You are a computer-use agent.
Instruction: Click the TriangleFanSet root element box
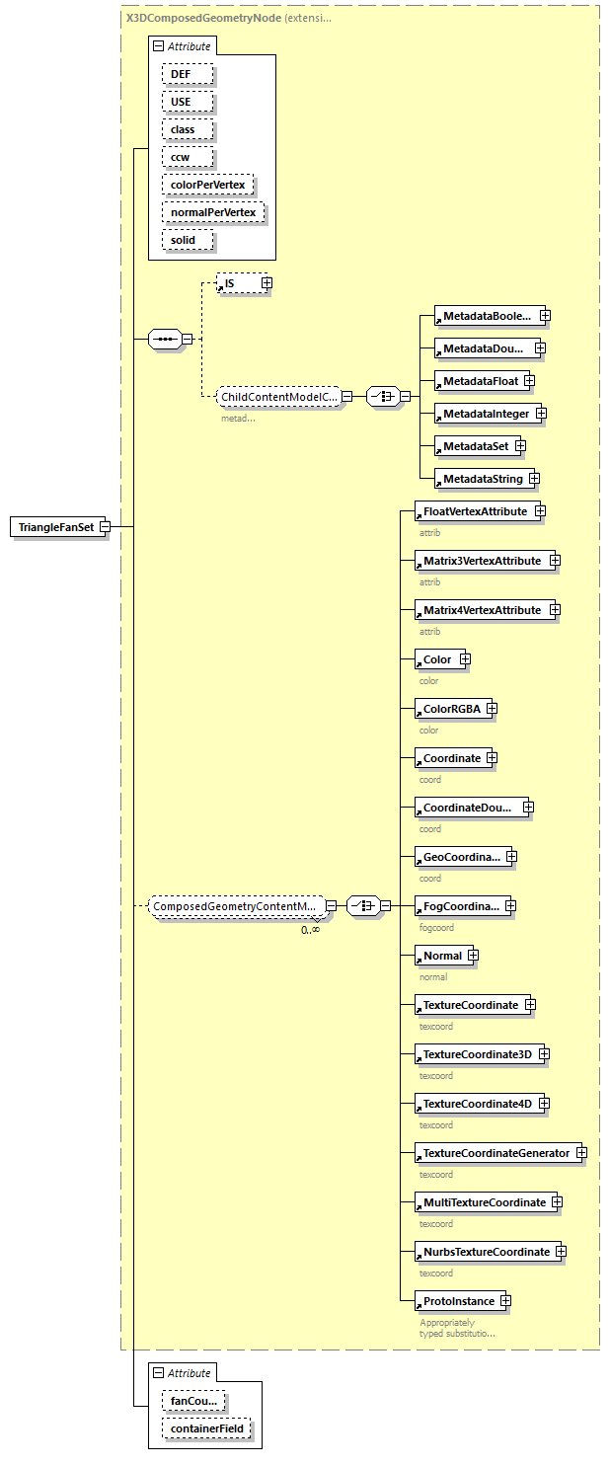click(55, 527)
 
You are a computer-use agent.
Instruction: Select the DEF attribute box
click(181, 74)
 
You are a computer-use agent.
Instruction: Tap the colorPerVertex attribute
click(207, 185)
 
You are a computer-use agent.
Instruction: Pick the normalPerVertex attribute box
click(213, 212)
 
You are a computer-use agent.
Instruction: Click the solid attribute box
click(183, 240)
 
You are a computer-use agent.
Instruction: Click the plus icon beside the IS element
click(267, 283)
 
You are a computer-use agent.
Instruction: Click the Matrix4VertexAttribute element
click(482, 610)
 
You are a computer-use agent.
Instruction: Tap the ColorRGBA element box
click(450, 709)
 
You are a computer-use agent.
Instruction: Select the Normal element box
click(441, 956)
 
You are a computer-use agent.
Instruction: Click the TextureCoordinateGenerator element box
click(496, 1153)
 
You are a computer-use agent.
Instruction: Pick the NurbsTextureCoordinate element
click(486, 1252)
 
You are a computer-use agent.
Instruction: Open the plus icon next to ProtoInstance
click(505, 1301)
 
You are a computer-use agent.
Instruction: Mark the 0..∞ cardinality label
click(310, 930)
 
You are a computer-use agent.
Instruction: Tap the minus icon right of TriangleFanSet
click(104, 527)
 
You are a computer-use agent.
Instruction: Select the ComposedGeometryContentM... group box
click(236, 905)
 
